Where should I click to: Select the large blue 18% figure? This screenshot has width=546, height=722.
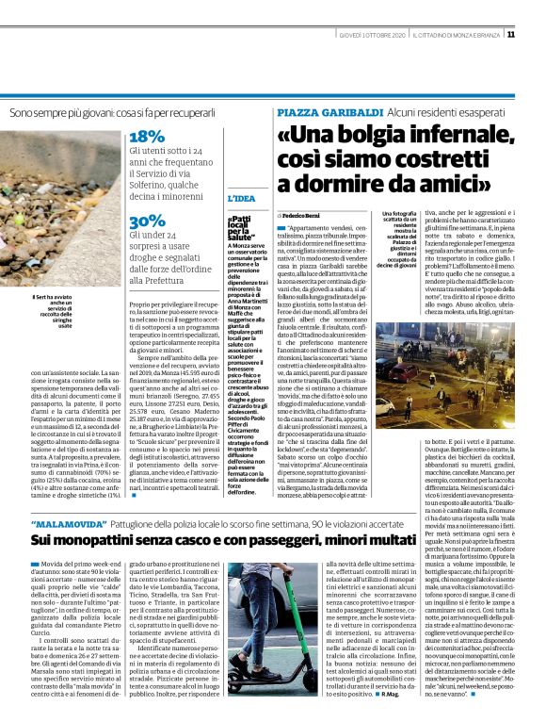[147, 136]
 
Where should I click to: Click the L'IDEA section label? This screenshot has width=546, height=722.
[241, 199]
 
